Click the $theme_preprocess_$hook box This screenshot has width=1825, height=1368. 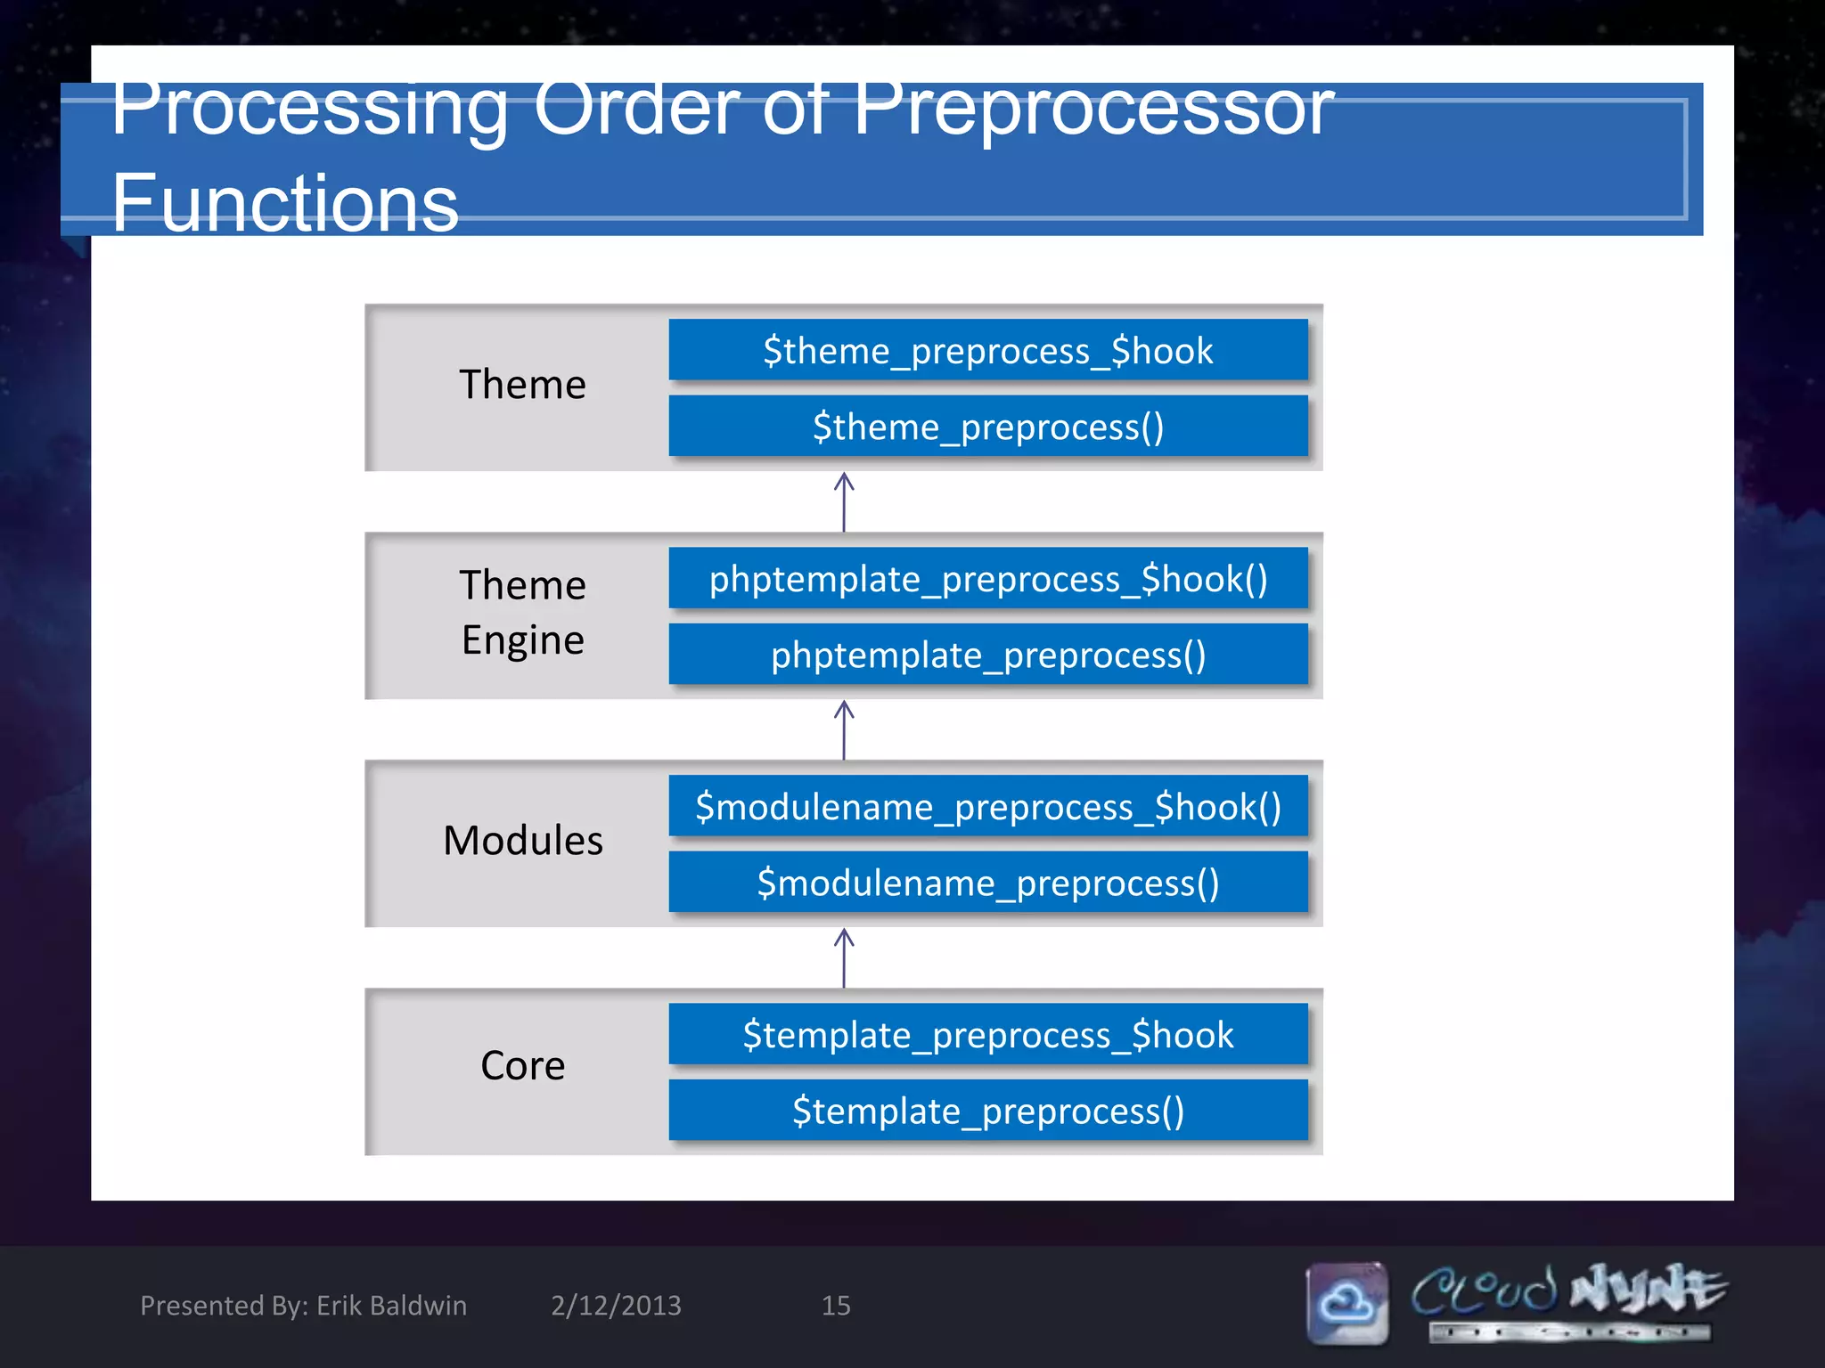(987, 350)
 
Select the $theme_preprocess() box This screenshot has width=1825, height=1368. (987, 427)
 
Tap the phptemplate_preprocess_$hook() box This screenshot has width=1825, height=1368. (987, 579)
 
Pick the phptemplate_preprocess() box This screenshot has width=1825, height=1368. (987, 655)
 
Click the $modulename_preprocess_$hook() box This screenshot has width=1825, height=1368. (987, 807)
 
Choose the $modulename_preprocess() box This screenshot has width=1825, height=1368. (987, 883)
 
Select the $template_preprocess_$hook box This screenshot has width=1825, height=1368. (987, 1035)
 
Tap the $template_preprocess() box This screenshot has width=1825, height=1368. (987, 1111)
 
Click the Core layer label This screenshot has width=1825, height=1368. (522, 1065)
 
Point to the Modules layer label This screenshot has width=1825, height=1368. (522, 840)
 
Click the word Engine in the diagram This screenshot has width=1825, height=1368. (522, 639)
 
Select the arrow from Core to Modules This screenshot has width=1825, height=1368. (844, 957)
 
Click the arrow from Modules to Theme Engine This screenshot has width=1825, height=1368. (844, 729)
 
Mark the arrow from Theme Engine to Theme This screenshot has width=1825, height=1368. (844, 501)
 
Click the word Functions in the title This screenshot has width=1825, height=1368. (284, 203)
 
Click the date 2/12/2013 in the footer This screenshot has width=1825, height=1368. (616, 1305)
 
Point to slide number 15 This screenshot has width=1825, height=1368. (835, 1305)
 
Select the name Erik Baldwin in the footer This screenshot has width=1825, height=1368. (391, 1305)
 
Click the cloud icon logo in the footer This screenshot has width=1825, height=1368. (1346, 1303)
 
